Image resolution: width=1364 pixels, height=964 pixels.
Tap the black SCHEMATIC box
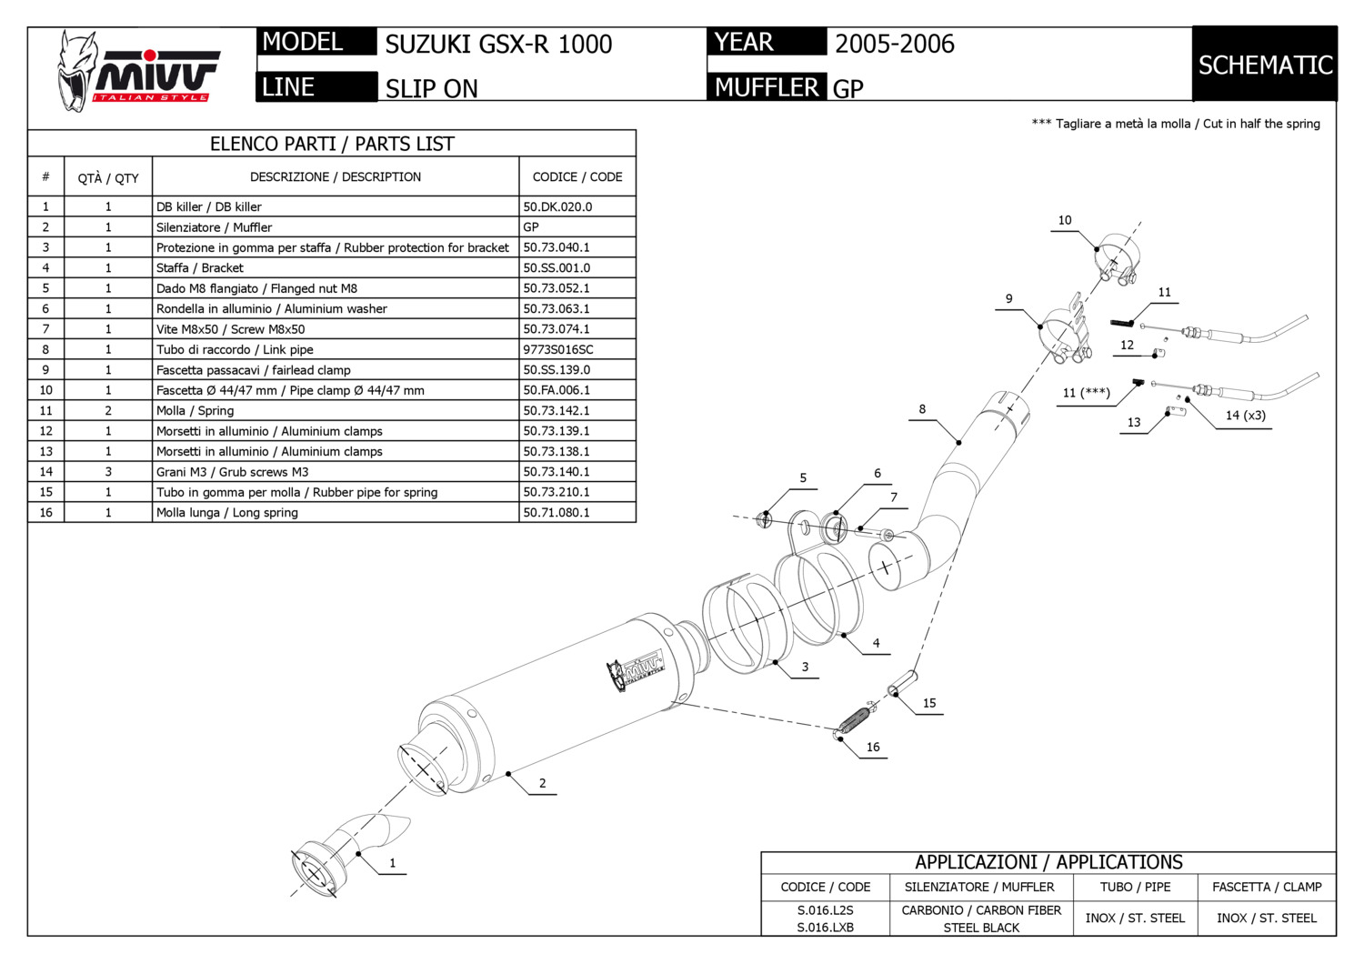(x=1265, y=65)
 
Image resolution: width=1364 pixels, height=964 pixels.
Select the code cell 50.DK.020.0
(x=557, y=206)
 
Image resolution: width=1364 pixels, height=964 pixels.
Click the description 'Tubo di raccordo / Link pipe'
(x=235, y=349)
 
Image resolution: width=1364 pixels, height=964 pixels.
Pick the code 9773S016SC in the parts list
(x=557, y=349)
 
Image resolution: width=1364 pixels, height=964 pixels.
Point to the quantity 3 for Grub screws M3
(x=108, y=471)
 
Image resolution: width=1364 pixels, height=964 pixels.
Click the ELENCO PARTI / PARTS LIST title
(x=332, y=144)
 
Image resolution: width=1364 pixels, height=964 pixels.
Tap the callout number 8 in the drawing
(x=922, y=409)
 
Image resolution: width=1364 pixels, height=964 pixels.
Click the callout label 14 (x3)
(x=1245, y=416)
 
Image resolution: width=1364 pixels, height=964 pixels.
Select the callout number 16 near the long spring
(x=873, y=747)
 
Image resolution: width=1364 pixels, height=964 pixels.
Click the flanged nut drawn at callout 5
(x=765, y=519)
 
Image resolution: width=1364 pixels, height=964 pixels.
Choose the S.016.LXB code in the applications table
(x=825, y=928)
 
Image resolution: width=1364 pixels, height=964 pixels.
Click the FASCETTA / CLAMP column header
(x=1267, y=887)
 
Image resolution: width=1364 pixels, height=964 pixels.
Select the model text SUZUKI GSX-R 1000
(x=498, y=44)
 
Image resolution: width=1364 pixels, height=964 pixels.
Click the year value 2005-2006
(x=895, y=44)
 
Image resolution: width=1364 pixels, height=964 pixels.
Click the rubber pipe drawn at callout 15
(x=904, y=683)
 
